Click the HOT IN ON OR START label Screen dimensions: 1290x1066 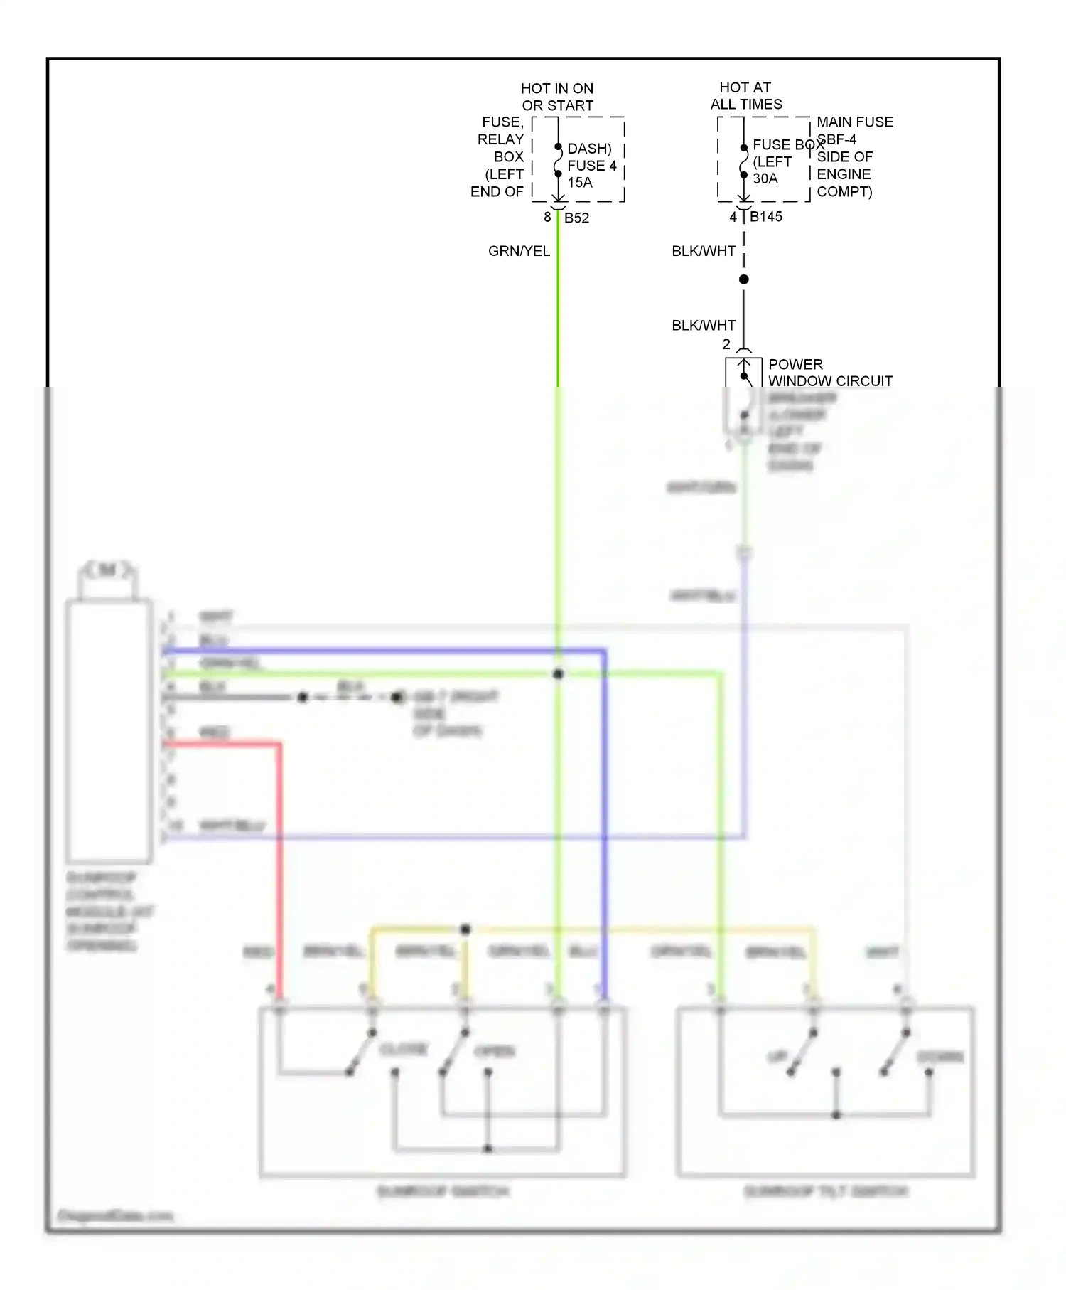557,97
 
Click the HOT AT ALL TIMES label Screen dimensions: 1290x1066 745,95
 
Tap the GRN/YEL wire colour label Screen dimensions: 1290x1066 519,251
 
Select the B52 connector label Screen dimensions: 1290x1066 576,218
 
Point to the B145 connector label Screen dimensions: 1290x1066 766,217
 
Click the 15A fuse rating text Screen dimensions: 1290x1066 580,183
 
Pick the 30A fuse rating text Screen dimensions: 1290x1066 765,178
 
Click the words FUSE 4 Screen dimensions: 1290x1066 591,166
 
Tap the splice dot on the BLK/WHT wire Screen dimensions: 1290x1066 744,279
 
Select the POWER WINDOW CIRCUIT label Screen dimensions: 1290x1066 830,373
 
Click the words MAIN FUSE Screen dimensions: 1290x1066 855,122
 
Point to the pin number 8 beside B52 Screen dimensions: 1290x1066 547,217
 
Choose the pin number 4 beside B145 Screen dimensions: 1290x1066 733,217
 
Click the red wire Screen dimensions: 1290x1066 279,853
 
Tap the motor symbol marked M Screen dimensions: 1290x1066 108,570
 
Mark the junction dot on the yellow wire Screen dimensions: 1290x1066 465,929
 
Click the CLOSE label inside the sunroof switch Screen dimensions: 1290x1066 404,1050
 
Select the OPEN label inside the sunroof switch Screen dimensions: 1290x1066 495,1051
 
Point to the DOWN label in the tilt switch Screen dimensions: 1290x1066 940,1057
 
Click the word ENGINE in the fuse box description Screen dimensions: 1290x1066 844,174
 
